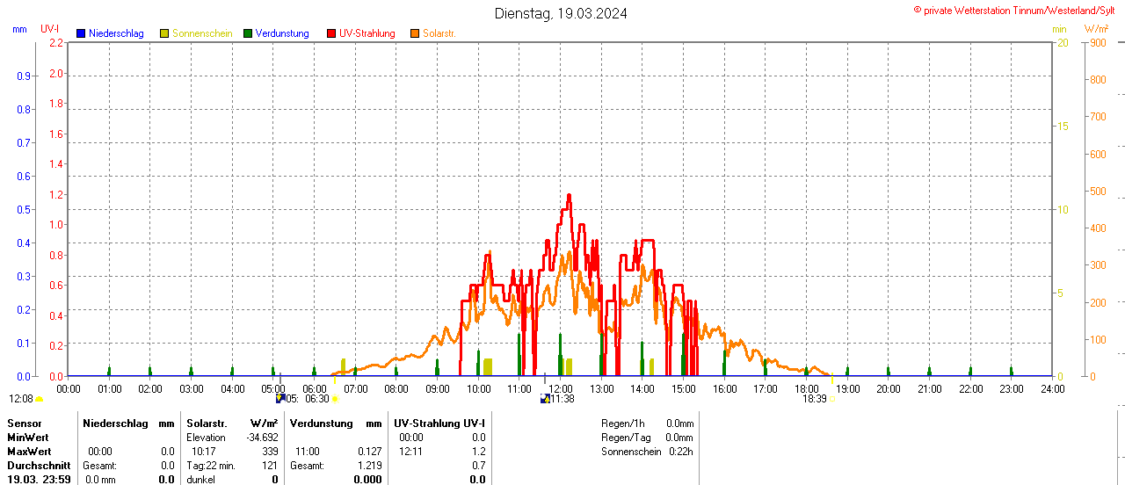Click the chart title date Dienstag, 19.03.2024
click(561, 13)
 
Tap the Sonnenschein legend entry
click(202, 33)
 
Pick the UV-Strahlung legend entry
click(367, 33)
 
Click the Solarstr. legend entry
click(439, 33)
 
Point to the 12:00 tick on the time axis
click(561, 388)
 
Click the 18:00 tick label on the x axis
click(807, 388)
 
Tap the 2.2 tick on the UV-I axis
click(56, 42)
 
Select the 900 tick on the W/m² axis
click(1098, 42)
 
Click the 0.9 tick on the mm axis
click(24, 76)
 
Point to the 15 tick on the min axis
click(1063, 127)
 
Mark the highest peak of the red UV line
click(569, 195)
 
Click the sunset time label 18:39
click(815, 399)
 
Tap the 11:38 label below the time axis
click(562, 399)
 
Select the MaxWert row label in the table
click(28, 452)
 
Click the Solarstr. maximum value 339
click(270, 452)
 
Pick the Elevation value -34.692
click(262, 438)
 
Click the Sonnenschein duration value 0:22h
click(679, 452)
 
